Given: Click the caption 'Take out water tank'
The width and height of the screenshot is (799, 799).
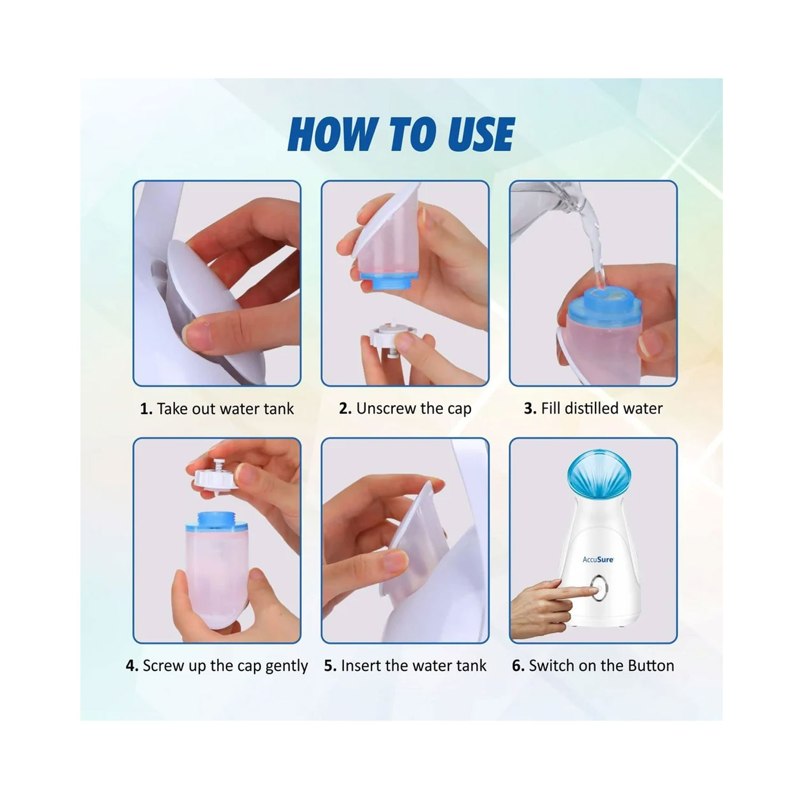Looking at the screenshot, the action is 225,409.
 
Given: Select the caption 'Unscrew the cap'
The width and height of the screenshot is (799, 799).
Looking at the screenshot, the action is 414,409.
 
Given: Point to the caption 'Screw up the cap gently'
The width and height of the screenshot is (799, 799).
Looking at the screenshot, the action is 225,666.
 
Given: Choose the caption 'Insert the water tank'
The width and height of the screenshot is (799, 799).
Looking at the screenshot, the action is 414,665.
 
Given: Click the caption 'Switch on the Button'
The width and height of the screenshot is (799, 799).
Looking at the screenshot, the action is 601,665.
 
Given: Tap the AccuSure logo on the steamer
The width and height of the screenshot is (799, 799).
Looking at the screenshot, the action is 598,559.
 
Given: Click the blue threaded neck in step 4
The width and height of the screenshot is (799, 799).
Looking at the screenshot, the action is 218,521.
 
